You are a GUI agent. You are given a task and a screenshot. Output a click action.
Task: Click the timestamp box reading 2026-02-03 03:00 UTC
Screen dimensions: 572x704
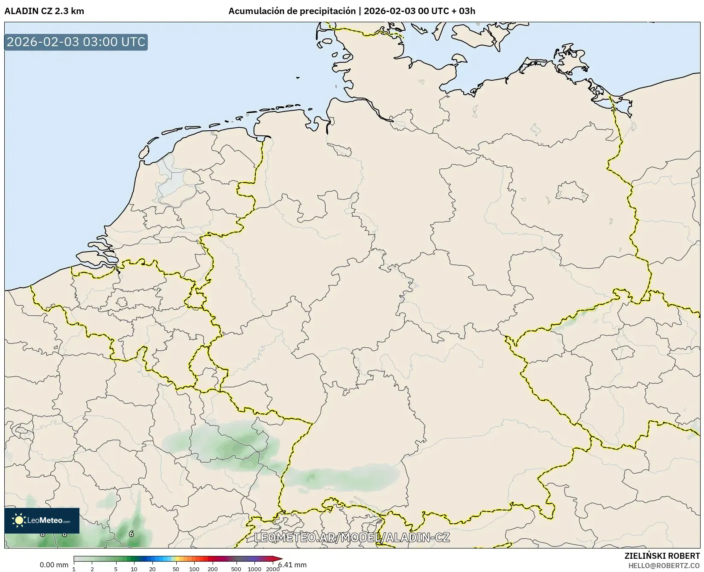click(76, 42)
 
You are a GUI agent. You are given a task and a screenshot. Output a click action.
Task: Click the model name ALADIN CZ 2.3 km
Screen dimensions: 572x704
click(44, 11)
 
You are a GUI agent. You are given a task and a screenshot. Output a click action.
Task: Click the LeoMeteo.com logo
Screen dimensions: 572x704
click(42, 520)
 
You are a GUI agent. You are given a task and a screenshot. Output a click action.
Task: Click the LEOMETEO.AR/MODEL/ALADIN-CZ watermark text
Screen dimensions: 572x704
click(352, 537)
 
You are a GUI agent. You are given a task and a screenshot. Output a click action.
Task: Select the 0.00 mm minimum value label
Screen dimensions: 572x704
click(54, 565)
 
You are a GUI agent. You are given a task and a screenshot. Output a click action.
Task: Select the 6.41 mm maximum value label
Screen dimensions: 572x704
click(293, 565)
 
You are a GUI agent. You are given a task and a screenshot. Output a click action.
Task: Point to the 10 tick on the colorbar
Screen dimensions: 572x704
click(134, 569)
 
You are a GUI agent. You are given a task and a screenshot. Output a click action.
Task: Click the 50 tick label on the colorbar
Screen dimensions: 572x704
click(176, 569)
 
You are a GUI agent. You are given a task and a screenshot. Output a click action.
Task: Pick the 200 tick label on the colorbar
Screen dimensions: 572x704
click(213, 569)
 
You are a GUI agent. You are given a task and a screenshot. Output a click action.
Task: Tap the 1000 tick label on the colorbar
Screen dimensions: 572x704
click(254, 569)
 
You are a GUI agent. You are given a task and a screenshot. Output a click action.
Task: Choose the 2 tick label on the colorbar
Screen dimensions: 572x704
click(92, 569)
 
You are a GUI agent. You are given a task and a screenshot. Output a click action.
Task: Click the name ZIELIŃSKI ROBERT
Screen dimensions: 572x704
click(662, 556)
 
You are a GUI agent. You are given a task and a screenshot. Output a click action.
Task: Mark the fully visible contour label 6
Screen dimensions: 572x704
click(131, 534)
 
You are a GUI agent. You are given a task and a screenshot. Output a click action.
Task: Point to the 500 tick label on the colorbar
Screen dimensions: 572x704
click(236, 569)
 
